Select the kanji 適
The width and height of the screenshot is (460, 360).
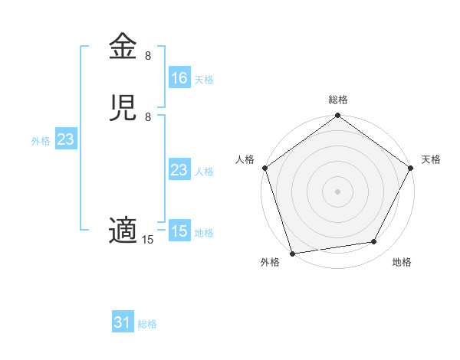pyautogui.click(x=124, y=231)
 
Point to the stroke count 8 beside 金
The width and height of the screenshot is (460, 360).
pyautogui.click(x=148, y=56)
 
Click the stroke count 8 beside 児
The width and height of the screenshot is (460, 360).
pyautogui.click(x=148, y=117)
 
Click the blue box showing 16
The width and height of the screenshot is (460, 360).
pyautogui.click(x=179, y=78)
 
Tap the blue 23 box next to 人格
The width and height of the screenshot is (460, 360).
pyautogui.click(x=179, y=170)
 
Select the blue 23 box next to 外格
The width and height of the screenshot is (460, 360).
pyautogui.click(x=65, y=139)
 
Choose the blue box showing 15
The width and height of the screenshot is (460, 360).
pyautogui.click(x=179, y=231)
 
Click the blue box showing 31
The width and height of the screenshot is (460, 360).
pyautogui.click(x=123, y=323)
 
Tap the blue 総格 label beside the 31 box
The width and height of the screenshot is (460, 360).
pyautogui.click(x=148, y=324)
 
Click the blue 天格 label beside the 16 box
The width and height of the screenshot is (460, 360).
pyautogui.click(x=204, y=79)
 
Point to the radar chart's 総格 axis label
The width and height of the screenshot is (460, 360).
pyautogui.click(x=338, y=100)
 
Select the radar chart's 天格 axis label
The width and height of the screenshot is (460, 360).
pyautogui.click(x=432, y=159)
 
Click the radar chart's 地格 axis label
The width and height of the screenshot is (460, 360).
pyautogui.click(x=402, y=262)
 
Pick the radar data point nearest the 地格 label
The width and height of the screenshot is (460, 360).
pyautogui.click(x=374, y=242)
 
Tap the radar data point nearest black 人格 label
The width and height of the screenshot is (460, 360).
pyautogui.click(x=265, y=168)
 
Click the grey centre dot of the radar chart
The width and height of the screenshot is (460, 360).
pyautogui.click(x=338, y=191)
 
